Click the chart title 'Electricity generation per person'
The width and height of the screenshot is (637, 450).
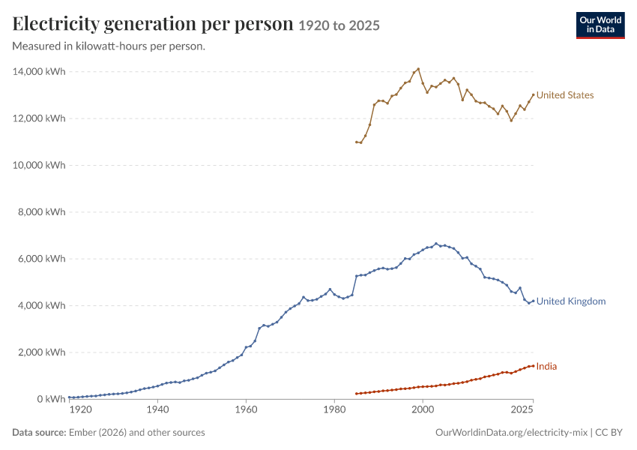pyautogui.click(x=153, y=23)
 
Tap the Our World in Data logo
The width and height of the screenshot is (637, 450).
pyautogui.click(x=600, y=25)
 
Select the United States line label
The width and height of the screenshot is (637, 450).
pyautogui.click(x=565, y=95)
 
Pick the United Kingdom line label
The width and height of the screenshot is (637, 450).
pyautogui.click(x=571, y=301)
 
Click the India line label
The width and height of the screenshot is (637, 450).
pyautogui.click(x=546, y=366)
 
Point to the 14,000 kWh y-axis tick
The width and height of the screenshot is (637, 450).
pyautogui.click(x=39, y=71)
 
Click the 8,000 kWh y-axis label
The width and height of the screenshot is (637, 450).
pyautogui.click(x=41, y=211)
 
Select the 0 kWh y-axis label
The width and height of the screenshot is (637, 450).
pyautogui.click(x=51, y=399)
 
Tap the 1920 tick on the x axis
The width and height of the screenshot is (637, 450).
pyautogui.click(x=80, y=409)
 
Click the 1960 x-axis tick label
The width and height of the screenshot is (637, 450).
pyautogui.click(x=247, y=409)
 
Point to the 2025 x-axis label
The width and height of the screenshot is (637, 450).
pyautogui.click(x=522, y=409)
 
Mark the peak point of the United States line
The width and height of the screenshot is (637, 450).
pyautogui.click(x=418, y=69)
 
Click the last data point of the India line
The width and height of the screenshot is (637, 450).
pyautogui.click(x=533, y=366)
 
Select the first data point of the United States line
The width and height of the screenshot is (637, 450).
pyautogui.click(x=356, y=142)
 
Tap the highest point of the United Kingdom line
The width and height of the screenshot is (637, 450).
pyautogui.click(x=436, y=244)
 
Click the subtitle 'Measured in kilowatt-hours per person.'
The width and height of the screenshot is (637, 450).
pyautogui.click(x=109, y=46)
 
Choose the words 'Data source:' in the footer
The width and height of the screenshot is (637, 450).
pyautogui.click(x=39, y=432)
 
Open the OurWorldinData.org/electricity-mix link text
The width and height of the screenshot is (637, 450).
pyautogui.click(x=511, y=432)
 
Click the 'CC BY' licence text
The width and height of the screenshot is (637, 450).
pyautogui.click(x=609, y=432)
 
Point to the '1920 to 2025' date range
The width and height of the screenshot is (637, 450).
pyautogui.click(x=339, y=25)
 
